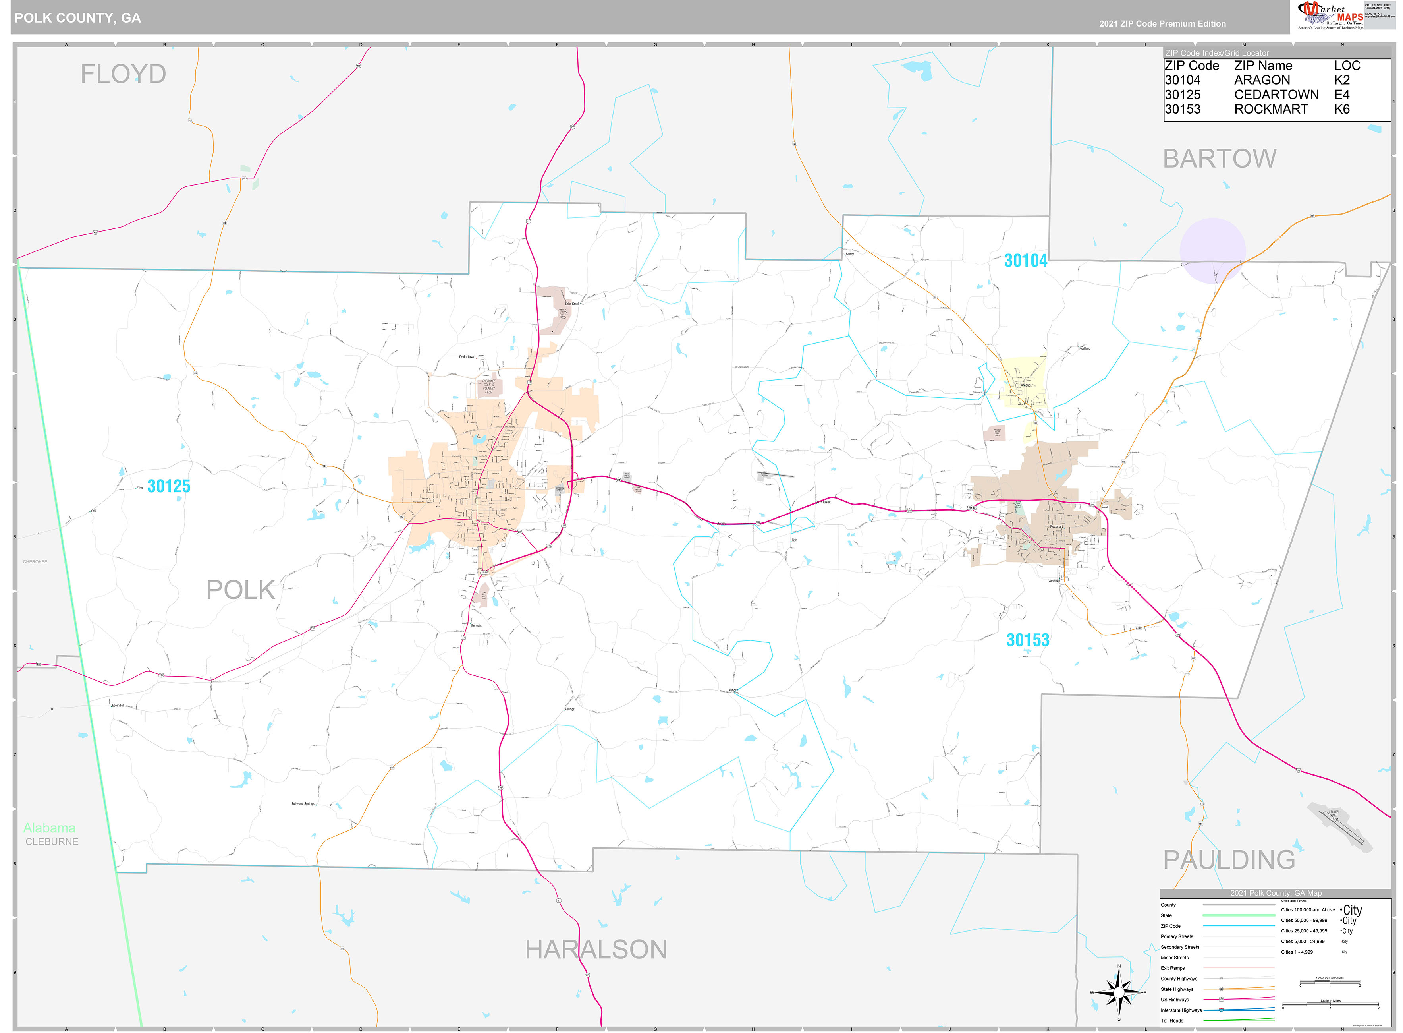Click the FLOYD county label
click(123, 74)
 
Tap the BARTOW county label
click(1219, 159)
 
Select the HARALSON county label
click(596, 949)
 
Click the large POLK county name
click(241, 590)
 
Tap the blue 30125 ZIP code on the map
click(169, 486)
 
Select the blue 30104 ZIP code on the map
click(1025, 261)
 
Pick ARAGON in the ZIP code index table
click(1261, 80)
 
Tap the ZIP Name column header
click(1262, 66)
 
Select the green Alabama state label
click(49, 828)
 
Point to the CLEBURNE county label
click(52, 841)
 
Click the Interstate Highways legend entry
click(1181, 1010)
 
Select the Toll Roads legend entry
click(1172, 1021)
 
